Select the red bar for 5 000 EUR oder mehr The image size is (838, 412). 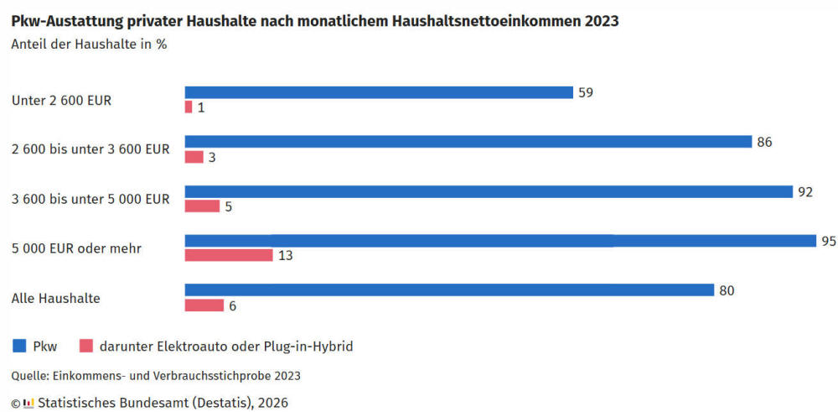(229, 254)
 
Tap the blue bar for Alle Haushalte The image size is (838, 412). (449, 289)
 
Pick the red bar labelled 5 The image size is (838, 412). (202, 206)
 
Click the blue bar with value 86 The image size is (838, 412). (468, 142)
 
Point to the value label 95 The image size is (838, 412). (829, 241)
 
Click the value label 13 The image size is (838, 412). (285, 255)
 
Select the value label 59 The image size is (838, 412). (586, 92)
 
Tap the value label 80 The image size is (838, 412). (727, 290)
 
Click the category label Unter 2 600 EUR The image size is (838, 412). (62, 100)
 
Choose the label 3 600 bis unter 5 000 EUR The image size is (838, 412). (91, 199)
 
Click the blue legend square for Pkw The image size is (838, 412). (18, 345)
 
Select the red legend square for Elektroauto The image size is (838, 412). (85, 345)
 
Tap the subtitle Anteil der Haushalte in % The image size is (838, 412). (89, 44)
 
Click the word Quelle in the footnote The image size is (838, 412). (29, 375)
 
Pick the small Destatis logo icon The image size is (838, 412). (28, 403)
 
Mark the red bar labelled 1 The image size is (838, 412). (189, 107)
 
